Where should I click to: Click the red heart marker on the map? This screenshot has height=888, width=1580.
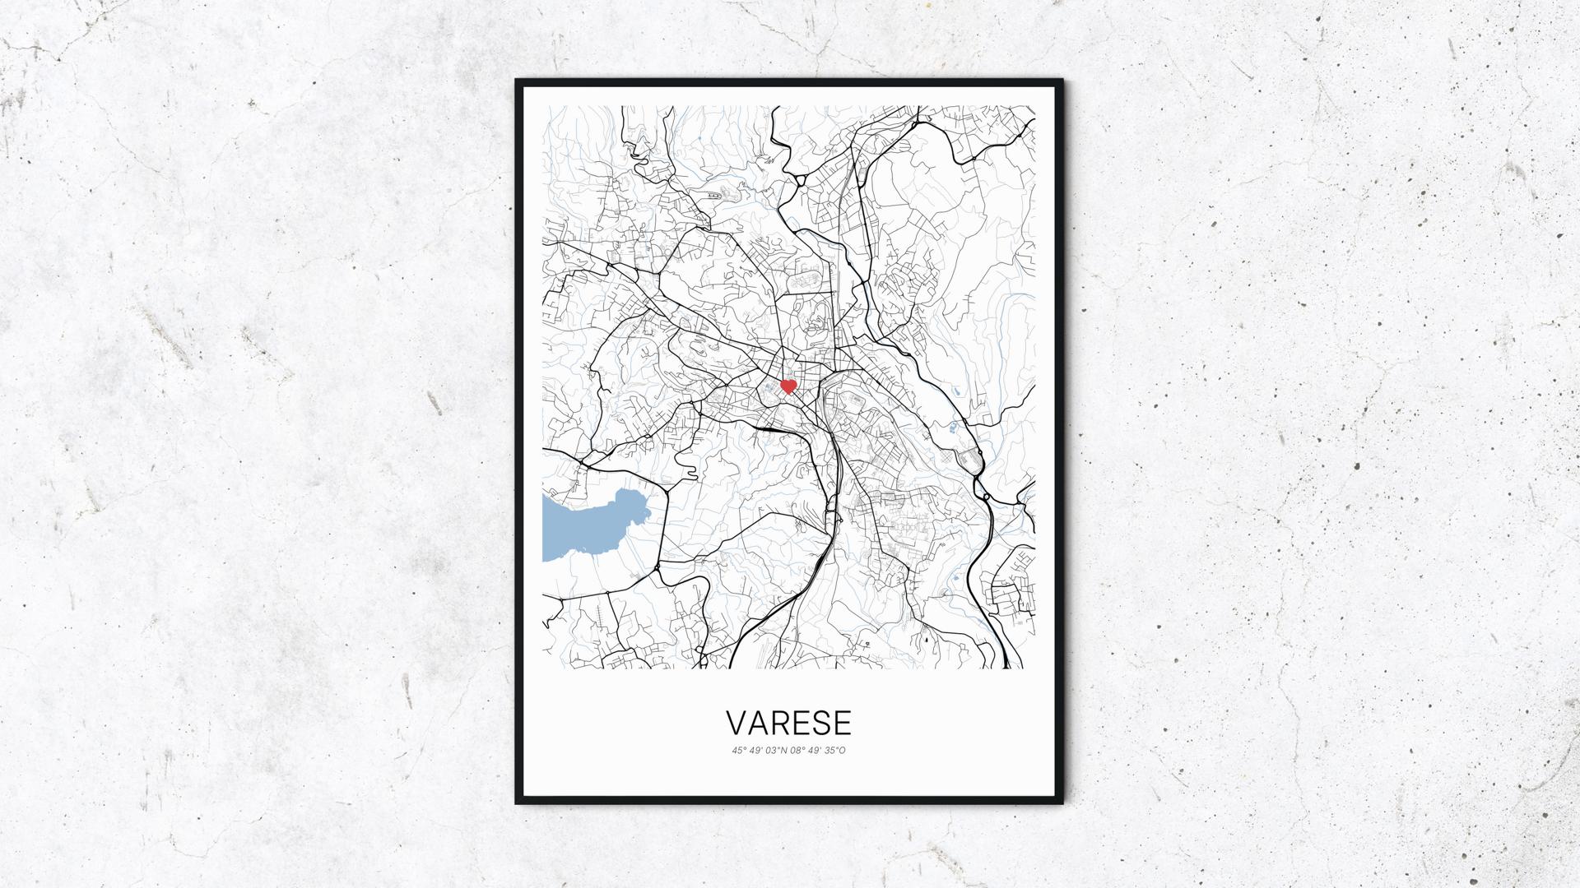788,386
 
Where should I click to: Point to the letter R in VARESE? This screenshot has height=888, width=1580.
780,723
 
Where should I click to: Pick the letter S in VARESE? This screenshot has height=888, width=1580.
821,723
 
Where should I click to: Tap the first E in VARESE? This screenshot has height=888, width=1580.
801,723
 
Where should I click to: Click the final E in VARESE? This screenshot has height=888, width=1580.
842,723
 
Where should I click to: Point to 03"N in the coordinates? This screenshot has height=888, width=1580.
774,749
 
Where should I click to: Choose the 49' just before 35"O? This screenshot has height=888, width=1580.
814,749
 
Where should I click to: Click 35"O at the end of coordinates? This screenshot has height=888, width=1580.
834,749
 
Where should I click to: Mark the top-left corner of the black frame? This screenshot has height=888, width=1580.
518,81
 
